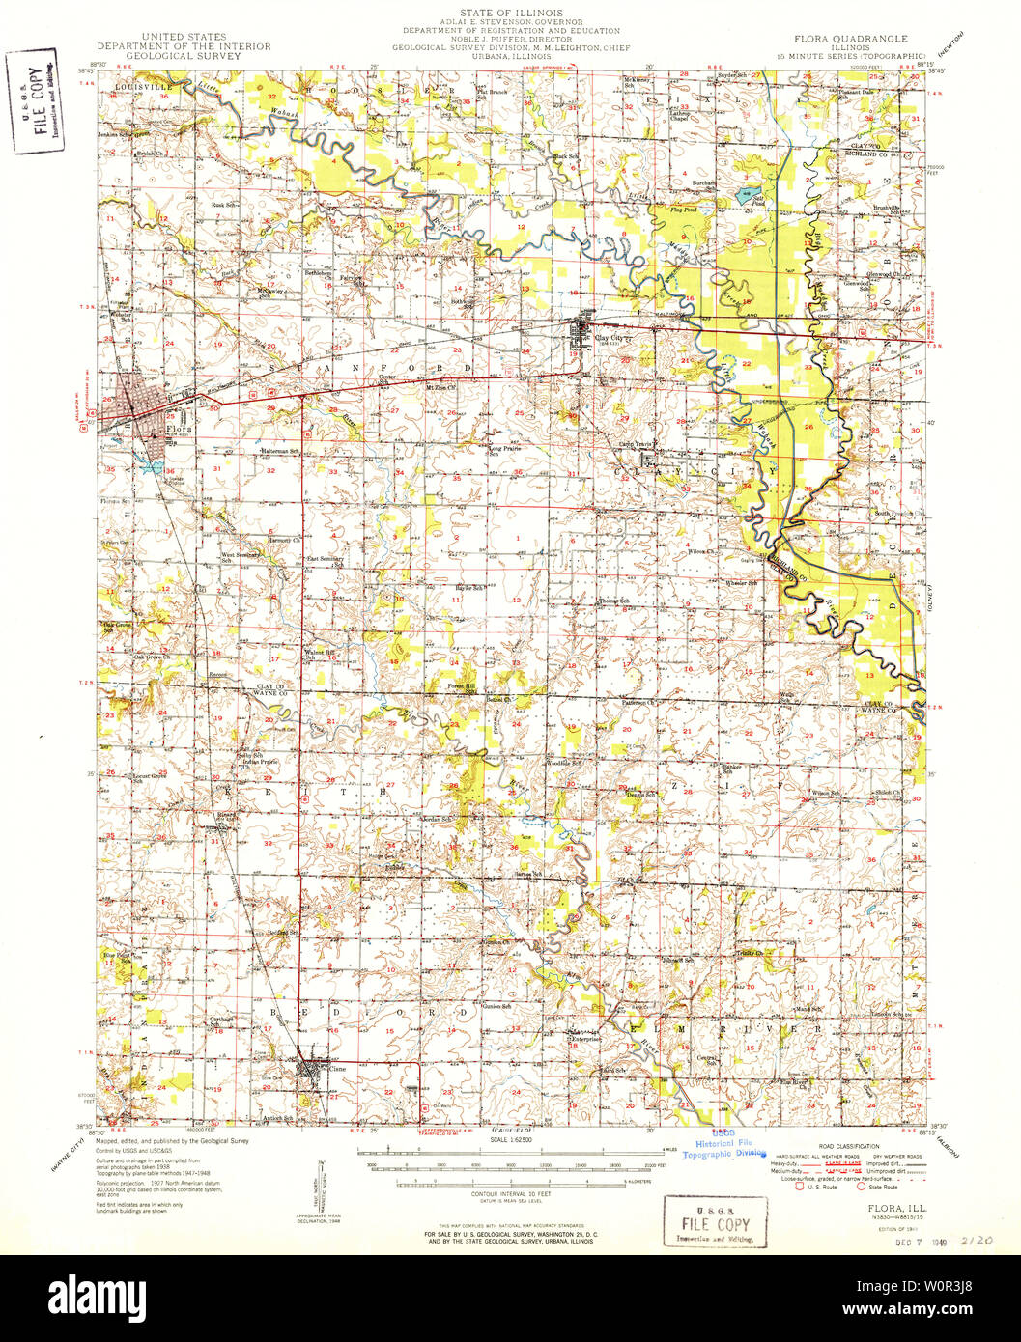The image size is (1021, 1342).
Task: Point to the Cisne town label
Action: coord(337,1069)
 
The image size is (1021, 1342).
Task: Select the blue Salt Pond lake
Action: coord(747,196)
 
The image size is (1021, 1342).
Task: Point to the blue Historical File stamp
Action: coord(723,1144)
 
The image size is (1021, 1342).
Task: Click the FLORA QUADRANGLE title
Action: coord(850,39)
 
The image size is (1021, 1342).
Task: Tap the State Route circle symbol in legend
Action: coord(861,1186)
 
